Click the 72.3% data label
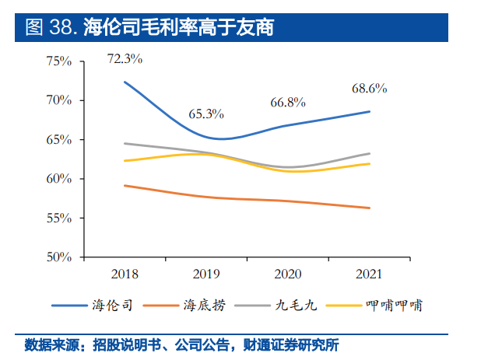pos(125,58)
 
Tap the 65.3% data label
pos(206,114)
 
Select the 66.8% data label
pos(288,103)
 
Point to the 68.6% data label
pos(370,89)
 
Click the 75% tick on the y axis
pos(58,61)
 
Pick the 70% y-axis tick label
pos(58,100)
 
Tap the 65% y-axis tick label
pos(58,140)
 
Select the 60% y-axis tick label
pos(58,179)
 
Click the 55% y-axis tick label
pos(58,218)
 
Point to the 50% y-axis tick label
pos(58,257)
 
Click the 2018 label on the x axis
pos(125,274)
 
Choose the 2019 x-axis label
pos(206,274)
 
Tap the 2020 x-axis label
pos(288,274)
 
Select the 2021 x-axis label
pos(370,274)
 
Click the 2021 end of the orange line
pos(370,208)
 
